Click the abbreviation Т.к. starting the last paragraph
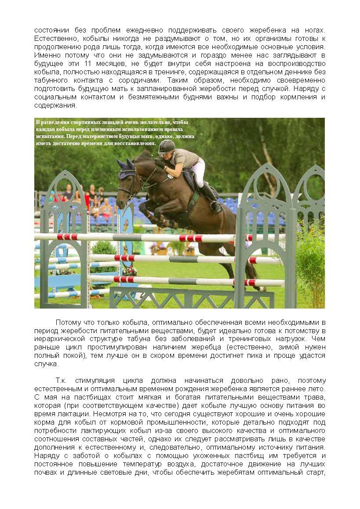[x=62, y=381]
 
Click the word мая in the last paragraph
[x=49, y=397]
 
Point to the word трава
[x=315, y=397]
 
